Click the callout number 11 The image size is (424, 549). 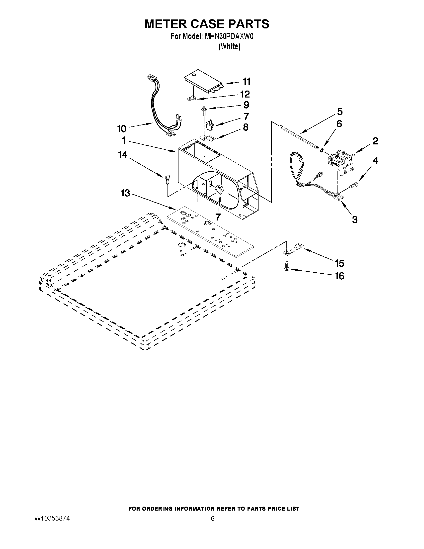coord(247,82)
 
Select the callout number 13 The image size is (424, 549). coord(125,193)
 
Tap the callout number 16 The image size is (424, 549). coord(339,276)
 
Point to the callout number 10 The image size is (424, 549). coord(122,129)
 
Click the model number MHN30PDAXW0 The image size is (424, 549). coord(229,37)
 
